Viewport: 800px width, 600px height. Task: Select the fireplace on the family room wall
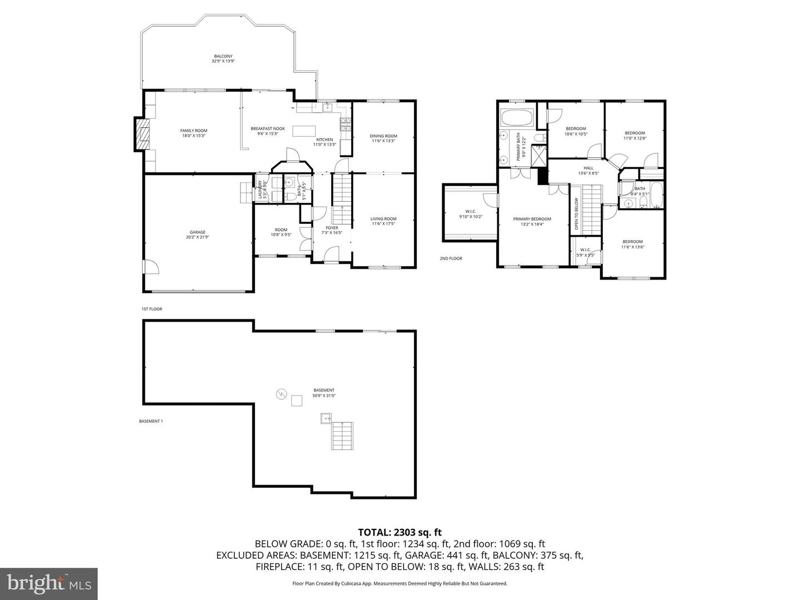(x=141, y=133)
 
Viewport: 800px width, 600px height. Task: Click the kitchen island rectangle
(x=303, y=131)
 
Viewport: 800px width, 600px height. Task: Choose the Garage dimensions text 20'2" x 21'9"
(x=197, y=237)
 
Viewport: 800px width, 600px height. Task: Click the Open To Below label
(x=576, y=213)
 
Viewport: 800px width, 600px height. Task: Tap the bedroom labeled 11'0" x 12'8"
(x=634, y=136)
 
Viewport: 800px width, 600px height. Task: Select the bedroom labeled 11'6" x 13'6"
(x=632, y=244)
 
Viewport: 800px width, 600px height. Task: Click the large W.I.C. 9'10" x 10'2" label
(x=470, y=214)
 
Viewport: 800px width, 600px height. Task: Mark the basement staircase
(x=342, y=436)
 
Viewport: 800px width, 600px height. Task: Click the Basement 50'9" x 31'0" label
(x=324, y=393)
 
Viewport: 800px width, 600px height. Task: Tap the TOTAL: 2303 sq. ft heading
(x=400, y=532)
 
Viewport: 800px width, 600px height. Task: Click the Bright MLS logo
(x=49, y=583)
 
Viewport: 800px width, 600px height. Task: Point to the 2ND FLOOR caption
(x=451, y=258)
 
